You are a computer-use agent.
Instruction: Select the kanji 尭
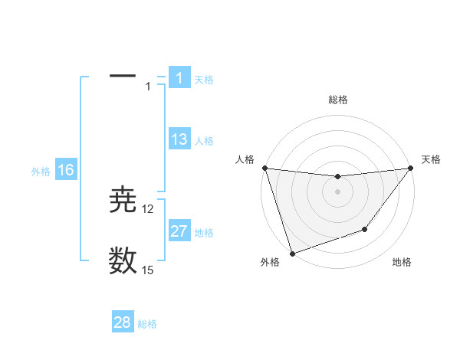pyautogui.click(x=123, y=201)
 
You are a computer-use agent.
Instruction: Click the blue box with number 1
pyautogui.click(x=179, y=78)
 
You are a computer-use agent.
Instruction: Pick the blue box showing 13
pyautogui.click(x=179, y=140)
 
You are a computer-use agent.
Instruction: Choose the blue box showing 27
pyautogui.click(x=179, y=231)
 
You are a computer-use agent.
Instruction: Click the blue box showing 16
pyautogui.click(x=66, y=170)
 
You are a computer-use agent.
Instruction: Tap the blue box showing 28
pyautogui.click(x=123, y=322)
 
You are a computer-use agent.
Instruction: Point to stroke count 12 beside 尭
pyautogui.click(x=148, y=209)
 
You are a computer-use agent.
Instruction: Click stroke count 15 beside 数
pyautogui.click(x=148, y=270)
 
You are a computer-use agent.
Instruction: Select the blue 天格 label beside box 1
pyautogui.click(x=204, y=80)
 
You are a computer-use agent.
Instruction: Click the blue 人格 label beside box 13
pyautogui.click(x=204, y=141)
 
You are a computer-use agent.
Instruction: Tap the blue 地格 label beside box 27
pyautogui.click(x=204, y=233)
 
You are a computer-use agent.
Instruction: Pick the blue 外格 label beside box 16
pyautogui.click(x=41, y=172)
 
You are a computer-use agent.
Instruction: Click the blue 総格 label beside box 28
pyautogui.click(x=147, y=324)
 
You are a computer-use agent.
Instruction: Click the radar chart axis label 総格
pyautogui.click(x=338, y=100)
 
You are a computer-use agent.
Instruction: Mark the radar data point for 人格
pyautogui.click(x=264, y=168)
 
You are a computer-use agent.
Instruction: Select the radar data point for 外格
pyautogui.click(x=292, y=253)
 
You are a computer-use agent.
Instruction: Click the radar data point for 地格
pyautogui.click(x=365, y=229)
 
